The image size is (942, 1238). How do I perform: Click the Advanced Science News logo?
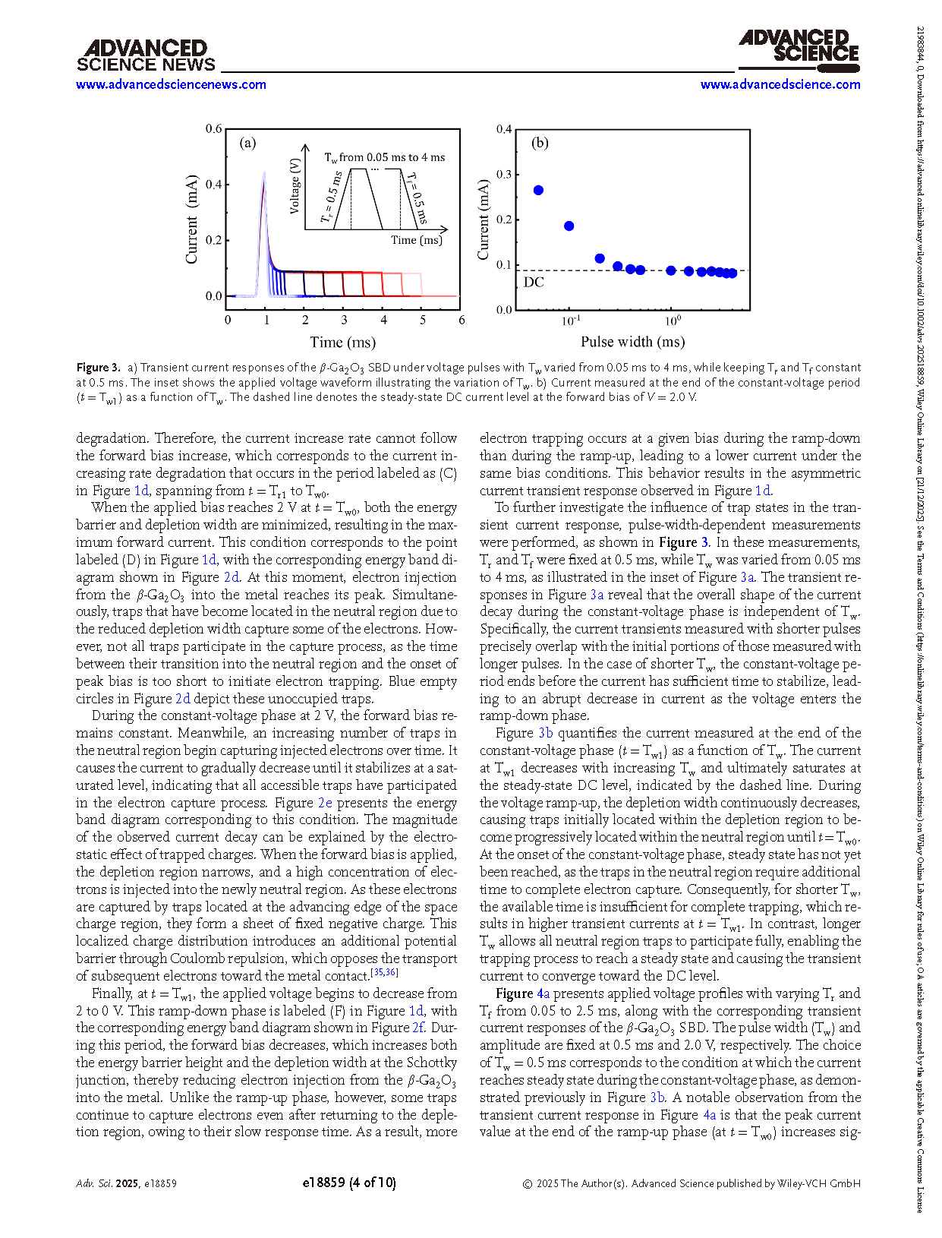point(146,56)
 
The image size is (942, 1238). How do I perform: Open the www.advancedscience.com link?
point(780,84)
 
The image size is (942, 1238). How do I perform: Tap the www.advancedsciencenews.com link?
point(171,84)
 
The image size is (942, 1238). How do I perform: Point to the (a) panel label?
point(247,143)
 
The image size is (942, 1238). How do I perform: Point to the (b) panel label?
point(540,143)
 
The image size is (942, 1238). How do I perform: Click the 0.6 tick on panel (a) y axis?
point(214,129)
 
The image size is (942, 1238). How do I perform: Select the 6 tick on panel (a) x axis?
point(462,320)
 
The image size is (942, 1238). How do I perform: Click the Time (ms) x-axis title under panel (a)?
point(342,342)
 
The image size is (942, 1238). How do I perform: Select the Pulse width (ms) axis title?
point(632,342)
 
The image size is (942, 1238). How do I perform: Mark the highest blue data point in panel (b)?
point(539,190)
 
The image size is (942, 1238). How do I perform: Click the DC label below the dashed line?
point(534,283)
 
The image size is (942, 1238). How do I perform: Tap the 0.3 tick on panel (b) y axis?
point(504,175)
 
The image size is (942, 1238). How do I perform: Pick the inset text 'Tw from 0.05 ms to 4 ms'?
point(384,157)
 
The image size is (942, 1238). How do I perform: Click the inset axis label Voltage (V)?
point(295,186)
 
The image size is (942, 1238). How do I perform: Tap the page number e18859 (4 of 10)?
point(348,1183)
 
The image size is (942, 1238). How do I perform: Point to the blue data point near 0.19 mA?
point(569,226)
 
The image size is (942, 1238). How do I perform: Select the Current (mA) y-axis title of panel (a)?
point(191,220)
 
